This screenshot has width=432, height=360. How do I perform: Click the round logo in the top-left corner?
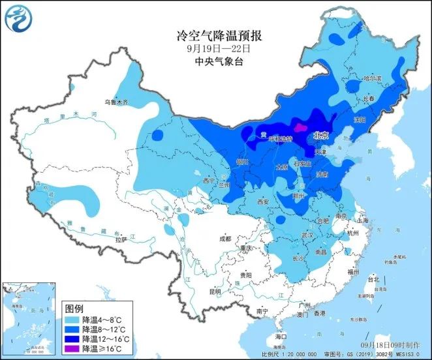point(18,17)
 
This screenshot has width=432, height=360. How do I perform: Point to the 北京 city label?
point(320,136)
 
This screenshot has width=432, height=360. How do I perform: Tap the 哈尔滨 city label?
point(374,79)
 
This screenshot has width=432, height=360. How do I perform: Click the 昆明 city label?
point(215,291)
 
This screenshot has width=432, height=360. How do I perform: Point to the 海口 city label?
point(281,336)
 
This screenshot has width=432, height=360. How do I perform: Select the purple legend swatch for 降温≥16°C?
point(72,349)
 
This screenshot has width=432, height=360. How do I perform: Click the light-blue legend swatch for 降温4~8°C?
point(72,320)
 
